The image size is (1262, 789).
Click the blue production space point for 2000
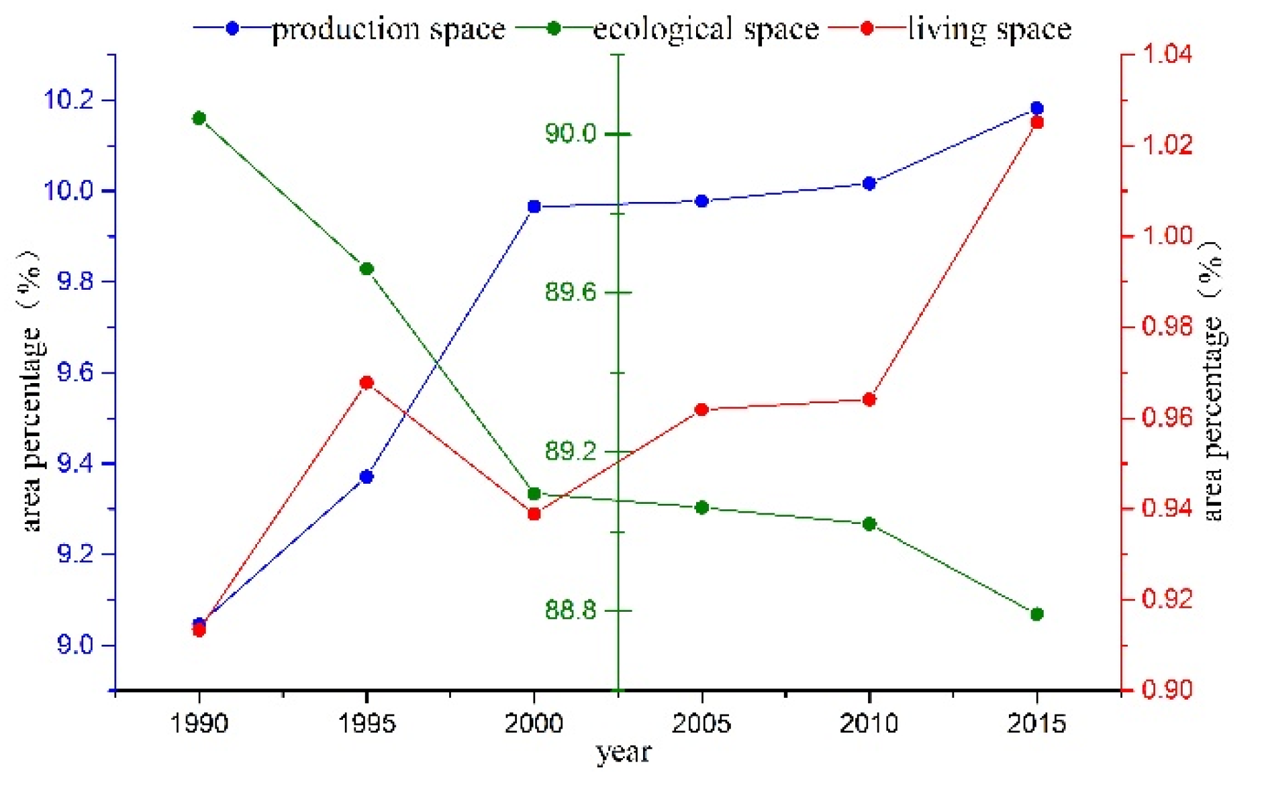click(x=534, y=207)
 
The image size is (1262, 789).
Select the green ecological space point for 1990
click(x=199, y=119)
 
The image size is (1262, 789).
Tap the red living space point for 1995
click(x=367, y=383)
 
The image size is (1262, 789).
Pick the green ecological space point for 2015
click(x=1036, y=614)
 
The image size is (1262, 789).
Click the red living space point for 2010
click(x=869, y=400)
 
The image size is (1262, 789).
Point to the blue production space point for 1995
click(x=367, y=477)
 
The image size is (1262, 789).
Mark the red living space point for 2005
click(x=702, y=410)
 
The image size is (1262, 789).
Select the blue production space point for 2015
click(x=1036, y=109)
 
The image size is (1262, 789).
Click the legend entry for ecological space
click(x=705, y=29)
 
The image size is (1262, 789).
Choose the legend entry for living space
click(x=989, y=29)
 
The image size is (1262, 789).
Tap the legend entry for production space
click(x=388, y=29)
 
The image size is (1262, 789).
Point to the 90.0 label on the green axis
click(x=571, y=134)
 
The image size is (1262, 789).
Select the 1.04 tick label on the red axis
click(x=1167, y=54)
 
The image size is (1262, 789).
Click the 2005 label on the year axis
click(x=701, y=723)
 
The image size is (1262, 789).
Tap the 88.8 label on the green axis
click(x=571, y=610)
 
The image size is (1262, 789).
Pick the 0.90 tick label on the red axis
click(x=1167, y=690)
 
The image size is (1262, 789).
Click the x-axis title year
click(x=624, y=753)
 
